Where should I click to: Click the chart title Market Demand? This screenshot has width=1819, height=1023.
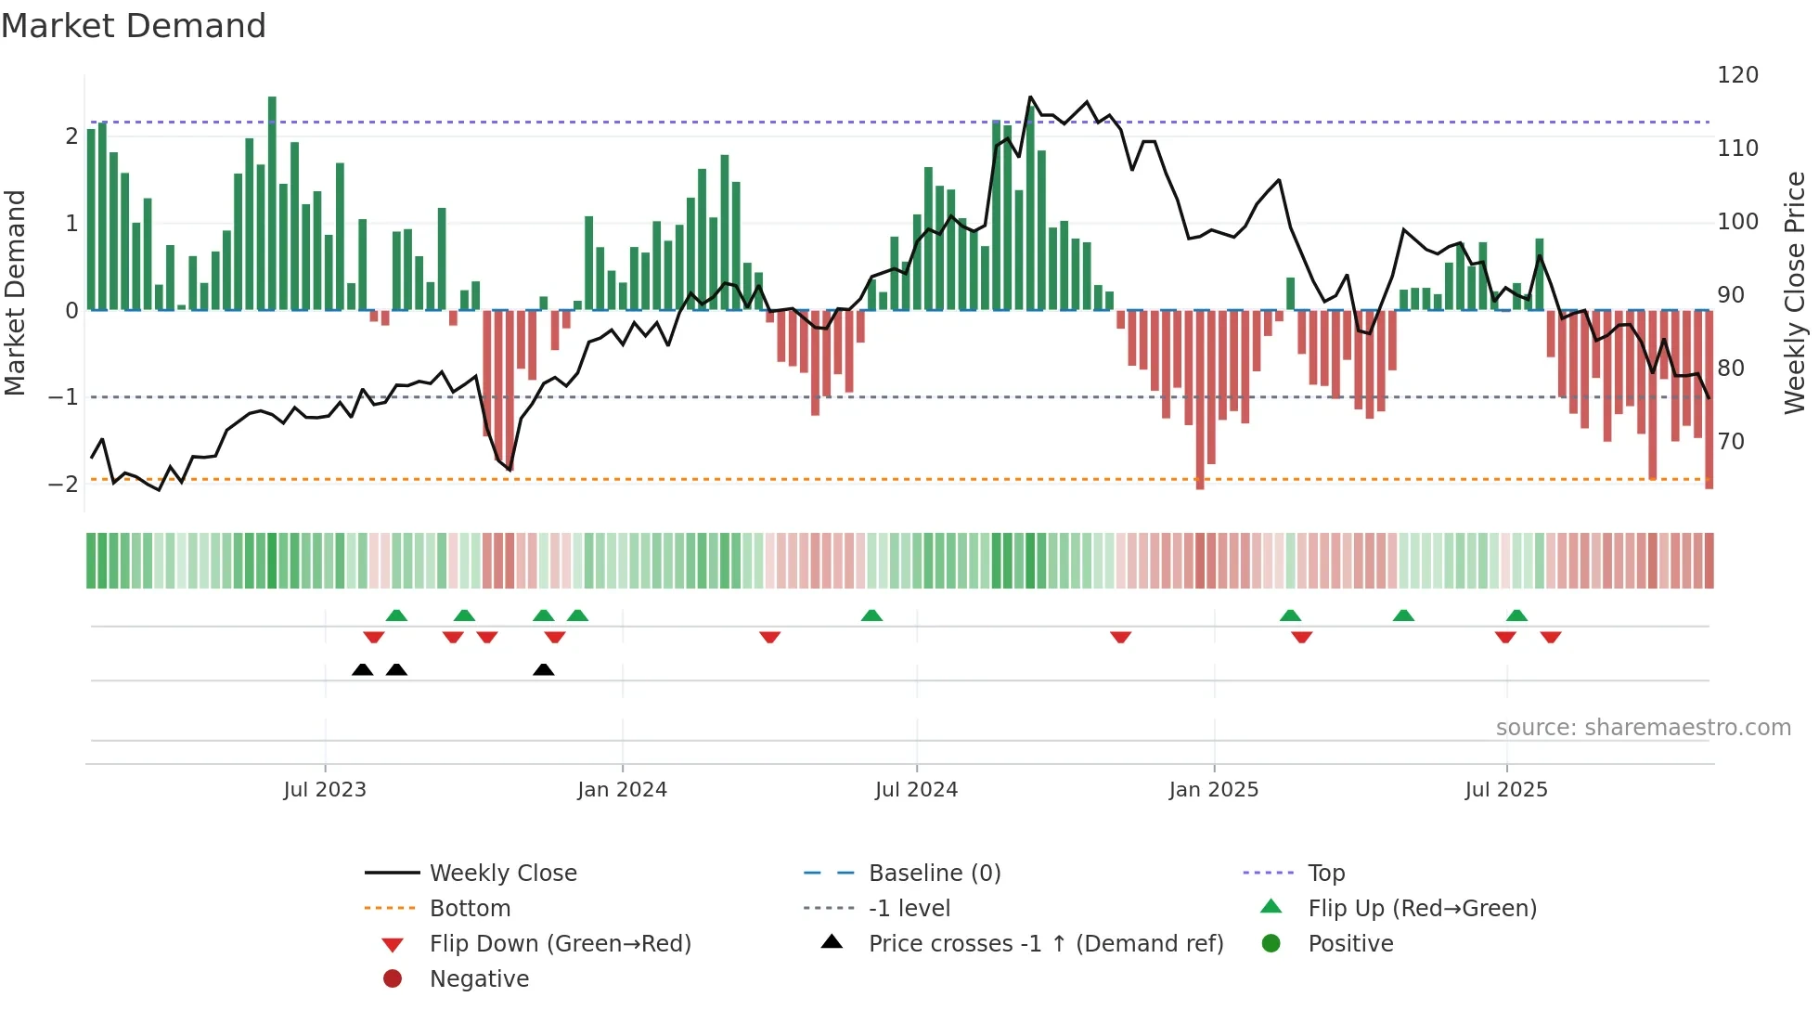[134, 26]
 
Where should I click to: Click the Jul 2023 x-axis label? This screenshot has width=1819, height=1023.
[325, 790]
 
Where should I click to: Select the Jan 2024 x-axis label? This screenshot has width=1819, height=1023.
[622, 790]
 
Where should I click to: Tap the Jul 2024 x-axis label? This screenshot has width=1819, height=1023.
[916, 790]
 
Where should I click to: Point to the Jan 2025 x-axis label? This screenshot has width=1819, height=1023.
[1213, 790]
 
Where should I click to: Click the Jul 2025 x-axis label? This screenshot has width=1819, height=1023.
[1506, 790]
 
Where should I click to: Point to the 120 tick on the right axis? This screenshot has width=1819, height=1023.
[1737, 75]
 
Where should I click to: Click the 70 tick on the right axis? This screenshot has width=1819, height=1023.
[1731, 442]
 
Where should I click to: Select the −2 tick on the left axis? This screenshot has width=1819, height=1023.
[63, 484]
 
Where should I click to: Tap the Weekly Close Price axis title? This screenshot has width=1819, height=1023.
[1795, 292]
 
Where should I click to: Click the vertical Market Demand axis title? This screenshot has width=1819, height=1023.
[16, 292]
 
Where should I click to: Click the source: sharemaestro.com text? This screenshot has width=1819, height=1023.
[1643, 728]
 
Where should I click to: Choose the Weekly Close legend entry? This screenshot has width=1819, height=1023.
[502, 874]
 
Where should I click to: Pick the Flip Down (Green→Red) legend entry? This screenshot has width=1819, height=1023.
[560, 944]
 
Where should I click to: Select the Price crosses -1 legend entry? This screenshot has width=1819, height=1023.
[1045, 944]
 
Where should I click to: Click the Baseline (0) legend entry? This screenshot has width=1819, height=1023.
[934, 874]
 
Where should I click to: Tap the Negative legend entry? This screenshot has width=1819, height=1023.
[479, 979]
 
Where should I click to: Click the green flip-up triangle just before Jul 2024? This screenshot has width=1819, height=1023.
[871, 615]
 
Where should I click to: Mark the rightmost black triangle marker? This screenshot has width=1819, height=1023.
[544, 670]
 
